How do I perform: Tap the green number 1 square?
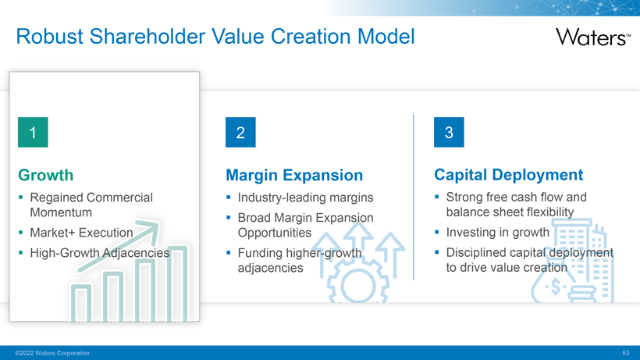click(x=33, y=132)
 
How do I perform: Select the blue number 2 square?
click(x=241, y=132)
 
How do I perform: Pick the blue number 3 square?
click(x=449, y=132)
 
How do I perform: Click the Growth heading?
click(x=46, y=175)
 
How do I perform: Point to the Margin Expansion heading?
click(x=294, y=175)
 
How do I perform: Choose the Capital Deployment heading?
click(x=509, y=175)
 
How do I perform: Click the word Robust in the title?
click(x=50, y=37)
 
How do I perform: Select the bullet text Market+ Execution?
click(x=82, y=233)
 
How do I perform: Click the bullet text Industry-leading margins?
click(x=306, y=198)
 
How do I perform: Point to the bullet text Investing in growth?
click(x=498, y=232)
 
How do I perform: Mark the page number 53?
click(x=626, y=353)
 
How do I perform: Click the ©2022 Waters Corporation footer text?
click(x=52, y=353)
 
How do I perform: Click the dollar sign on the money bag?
click(x=555, y=287)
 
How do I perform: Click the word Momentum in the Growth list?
click(x=61, y=212)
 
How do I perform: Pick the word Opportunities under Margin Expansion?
click(x=274, y=233)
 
